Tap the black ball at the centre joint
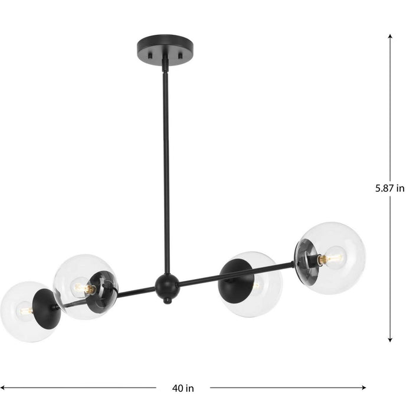point(166,287)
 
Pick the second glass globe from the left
point(80,287)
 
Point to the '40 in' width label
point(183,388)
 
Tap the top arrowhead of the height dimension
point(390,37)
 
